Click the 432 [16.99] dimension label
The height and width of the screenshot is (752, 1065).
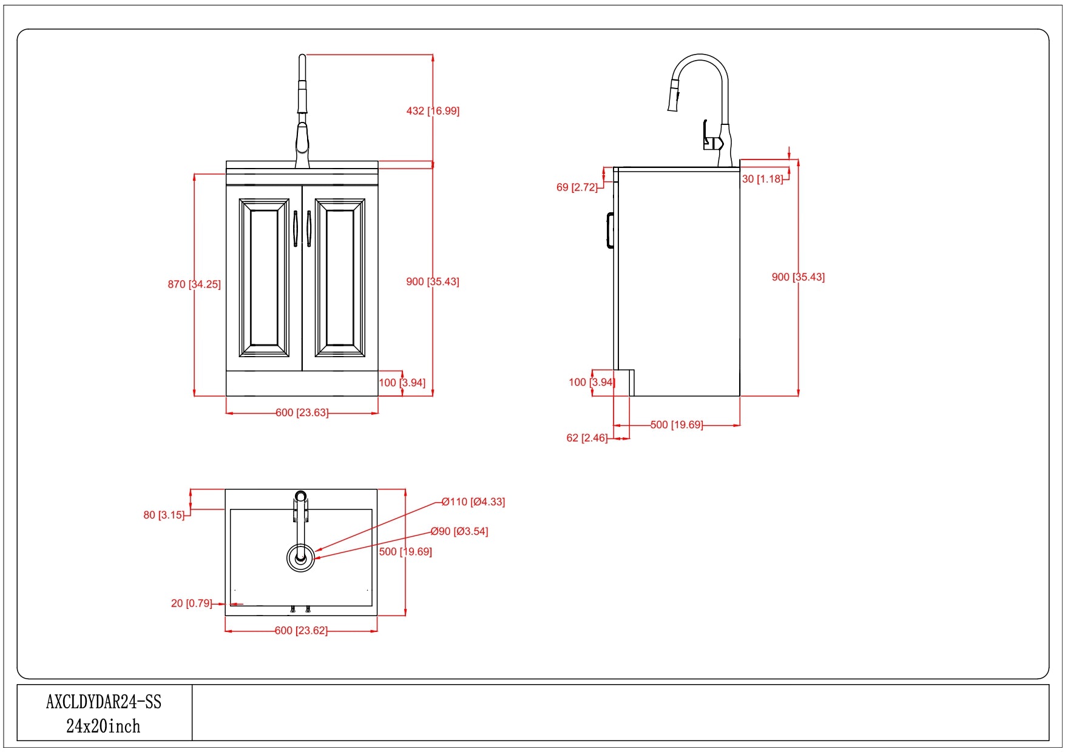(433, 111)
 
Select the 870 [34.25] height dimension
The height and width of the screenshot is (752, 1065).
(194, 284)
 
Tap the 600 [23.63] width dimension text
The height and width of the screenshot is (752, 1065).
(302, 413)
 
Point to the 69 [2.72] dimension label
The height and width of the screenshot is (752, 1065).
(577, 187)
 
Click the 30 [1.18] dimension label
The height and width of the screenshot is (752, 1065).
(762, 179)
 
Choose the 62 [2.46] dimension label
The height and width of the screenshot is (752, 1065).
(587, 438)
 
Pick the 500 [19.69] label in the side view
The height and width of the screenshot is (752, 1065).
(677, 425)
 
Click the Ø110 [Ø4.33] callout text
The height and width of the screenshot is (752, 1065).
(473, 502)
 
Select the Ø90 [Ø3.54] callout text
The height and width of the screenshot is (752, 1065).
(459, 532)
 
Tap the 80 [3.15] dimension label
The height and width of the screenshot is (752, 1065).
(164, 515)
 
